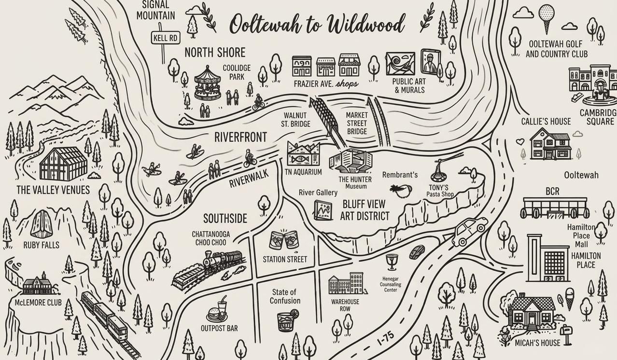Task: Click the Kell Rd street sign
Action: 166,38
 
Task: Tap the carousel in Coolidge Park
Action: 208,83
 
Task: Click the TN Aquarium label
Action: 303,172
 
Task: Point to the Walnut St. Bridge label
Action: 295,120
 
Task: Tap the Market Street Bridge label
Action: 357,123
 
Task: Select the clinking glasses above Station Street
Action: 284,240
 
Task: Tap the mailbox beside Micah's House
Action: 567,333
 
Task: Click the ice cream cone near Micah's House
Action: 570,300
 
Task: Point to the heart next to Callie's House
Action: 520,142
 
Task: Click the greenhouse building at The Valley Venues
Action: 63,164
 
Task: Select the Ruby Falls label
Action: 42,245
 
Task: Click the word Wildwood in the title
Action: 366,24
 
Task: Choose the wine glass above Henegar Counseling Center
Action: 391,262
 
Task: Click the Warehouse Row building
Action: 347,283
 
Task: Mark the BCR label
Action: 552,192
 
